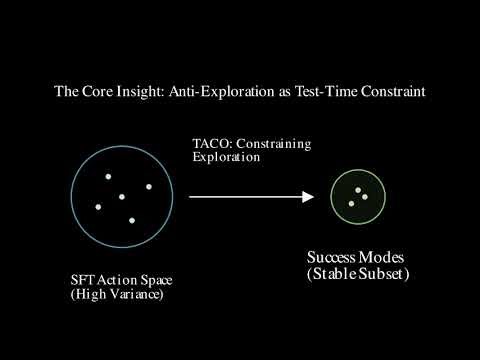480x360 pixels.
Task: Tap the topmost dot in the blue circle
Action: tap(108, 177)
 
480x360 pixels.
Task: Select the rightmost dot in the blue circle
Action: tap(149, 187)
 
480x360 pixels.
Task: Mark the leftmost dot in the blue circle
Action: tap(98, 207)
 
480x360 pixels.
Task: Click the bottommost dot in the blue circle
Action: tap(131, 220)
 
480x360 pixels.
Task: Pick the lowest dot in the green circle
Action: tap(351, 204)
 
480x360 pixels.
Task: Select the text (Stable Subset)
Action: tap(360, 273)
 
